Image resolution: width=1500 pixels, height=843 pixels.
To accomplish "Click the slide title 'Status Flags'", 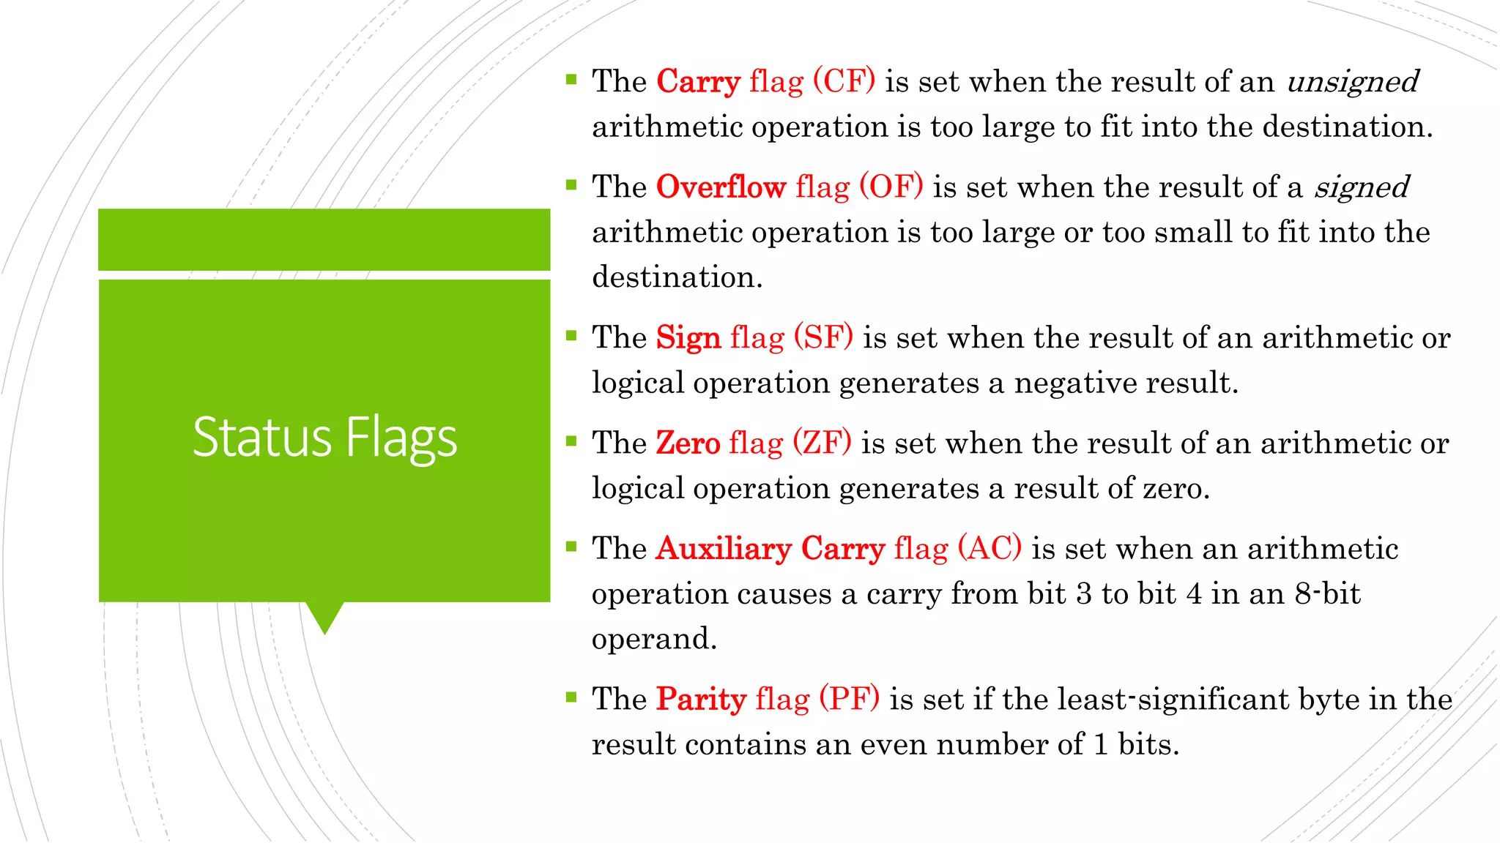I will [324, 438].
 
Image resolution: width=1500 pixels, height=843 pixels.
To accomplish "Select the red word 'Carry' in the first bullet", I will [698, 82].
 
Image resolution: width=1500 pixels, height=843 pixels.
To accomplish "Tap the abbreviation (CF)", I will [844, 80].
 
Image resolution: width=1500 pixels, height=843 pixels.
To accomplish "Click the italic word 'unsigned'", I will [1352, 82].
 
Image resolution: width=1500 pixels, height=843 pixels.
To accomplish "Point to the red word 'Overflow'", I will [721, 187].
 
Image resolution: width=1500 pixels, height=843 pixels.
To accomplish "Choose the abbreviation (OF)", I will [891, 187].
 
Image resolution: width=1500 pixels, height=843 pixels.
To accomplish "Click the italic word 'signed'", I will [1361, 187].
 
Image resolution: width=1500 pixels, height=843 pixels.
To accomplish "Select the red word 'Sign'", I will [688, 338].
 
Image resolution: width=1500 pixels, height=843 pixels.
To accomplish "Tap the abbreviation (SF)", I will [823, 337].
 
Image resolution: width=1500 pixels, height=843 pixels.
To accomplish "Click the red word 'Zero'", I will [688, 443].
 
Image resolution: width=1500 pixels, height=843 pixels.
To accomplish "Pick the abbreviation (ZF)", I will [822, 443].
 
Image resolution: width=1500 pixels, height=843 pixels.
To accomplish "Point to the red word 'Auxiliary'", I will [724, 548].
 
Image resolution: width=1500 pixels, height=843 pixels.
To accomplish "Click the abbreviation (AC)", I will [990, 548].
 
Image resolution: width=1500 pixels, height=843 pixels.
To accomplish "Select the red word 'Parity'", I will [701, 700].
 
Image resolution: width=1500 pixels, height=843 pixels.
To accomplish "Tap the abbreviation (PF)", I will [849, 699].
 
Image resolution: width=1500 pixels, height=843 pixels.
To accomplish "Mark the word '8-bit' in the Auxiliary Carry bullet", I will [1327, 593].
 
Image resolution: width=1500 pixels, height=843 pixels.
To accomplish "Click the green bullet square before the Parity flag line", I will [571, 696].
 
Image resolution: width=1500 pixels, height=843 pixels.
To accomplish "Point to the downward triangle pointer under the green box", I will [324, 617].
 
